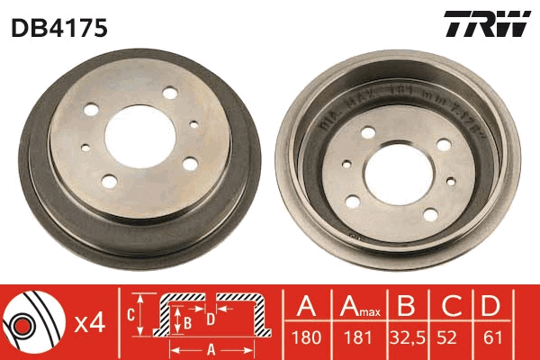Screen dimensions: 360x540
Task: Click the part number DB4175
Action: point(59,29)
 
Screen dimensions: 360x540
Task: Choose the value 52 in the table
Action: point(448,340)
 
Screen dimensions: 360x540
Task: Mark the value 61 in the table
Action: point(491,340)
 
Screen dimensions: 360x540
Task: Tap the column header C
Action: point(448,307)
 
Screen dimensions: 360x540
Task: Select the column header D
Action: point(491,307)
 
